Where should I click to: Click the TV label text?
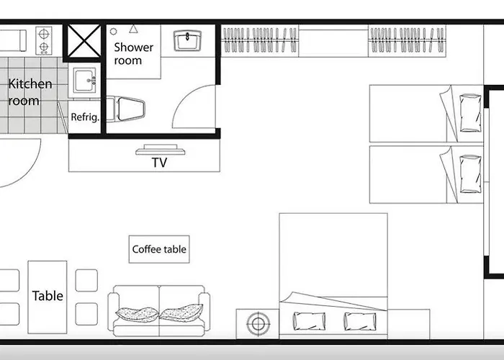point(159,162)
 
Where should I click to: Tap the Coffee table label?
point(159,249)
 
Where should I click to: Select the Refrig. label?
point(85,117)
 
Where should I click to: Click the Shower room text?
point(133,54)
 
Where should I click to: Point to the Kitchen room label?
point(30,92)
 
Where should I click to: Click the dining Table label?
point(48,296)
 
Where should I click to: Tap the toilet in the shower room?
point(126,109)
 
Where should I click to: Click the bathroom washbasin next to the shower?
point(187,40)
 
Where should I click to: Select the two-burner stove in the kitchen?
point(44,40)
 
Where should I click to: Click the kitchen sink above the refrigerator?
point(84,81)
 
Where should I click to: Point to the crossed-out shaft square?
point(84,41)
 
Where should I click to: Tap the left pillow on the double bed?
point(309,321)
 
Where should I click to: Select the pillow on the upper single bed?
point(471,113)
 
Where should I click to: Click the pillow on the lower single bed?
point(471,174)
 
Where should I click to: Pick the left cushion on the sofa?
point(137,314)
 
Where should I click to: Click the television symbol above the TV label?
point(161,150)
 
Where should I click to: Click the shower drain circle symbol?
point(114,32)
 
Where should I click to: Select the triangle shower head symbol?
point(133,30)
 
